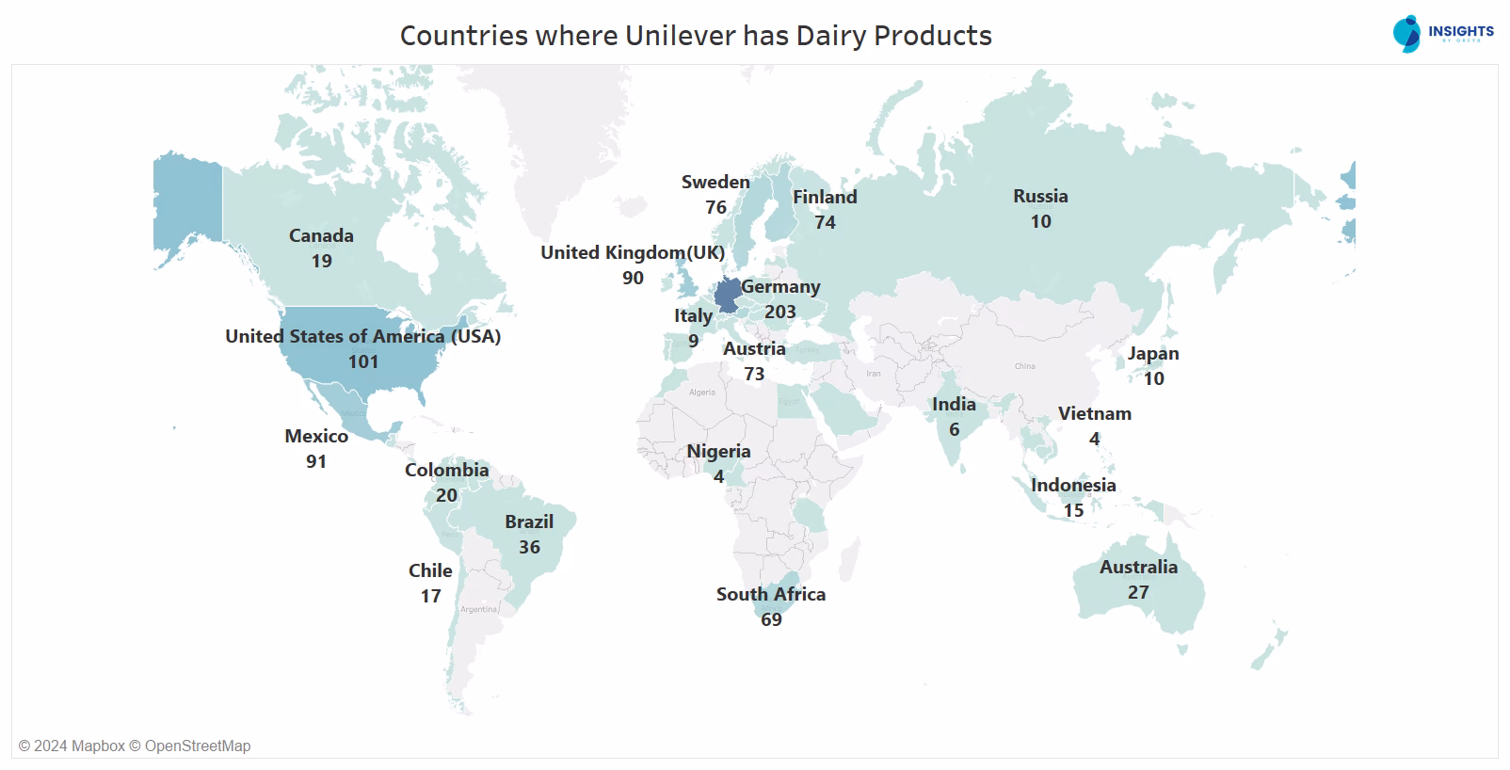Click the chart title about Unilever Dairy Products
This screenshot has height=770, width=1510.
(x=696, y=36)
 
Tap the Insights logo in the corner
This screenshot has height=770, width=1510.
(x=1442, y=33)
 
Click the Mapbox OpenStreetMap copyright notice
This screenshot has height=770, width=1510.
(x=135, y=746)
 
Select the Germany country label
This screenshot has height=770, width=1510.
(x=780, y=287)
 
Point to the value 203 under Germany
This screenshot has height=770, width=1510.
(x=780, y=312)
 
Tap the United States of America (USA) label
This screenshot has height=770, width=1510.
(x=362, y=336)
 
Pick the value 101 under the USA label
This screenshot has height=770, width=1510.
(x=363, y=361)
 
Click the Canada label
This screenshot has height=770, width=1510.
(x=321, y=235)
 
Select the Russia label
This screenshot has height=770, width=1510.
(x=1040, y=196)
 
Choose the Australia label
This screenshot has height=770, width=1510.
(x=1138, y=567)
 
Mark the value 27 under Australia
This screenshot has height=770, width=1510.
(x=1138, y=592)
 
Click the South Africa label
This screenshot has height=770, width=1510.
(x=770, y=594)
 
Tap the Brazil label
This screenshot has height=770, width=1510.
(x=529, y=521)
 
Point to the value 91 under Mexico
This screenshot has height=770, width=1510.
(x=316, y=461)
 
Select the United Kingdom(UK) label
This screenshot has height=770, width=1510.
(x=633, y=252)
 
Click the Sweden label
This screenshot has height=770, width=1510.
(x=715, y=182)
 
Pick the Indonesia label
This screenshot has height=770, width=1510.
(x=1073, y=485)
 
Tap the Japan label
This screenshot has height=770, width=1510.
(x=1153, y=353)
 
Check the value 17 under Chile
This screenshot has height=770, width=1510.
(x=430, y=596)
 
